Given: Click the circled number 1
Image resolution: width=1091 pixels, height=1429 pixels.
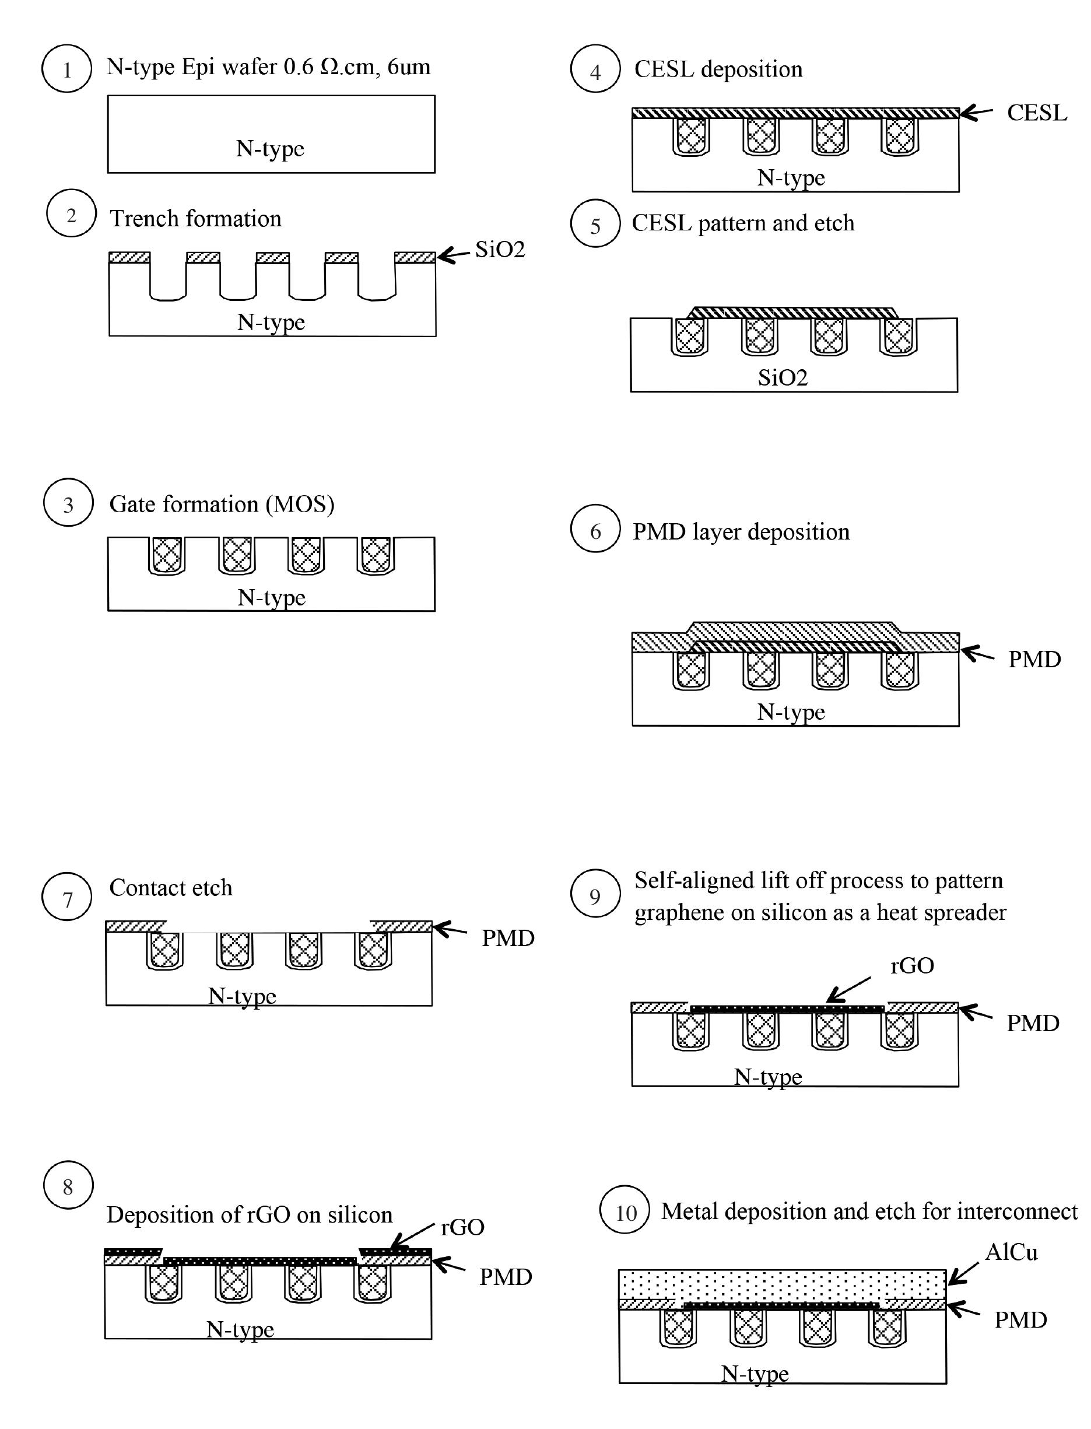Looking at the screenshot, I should (x=66, y=69).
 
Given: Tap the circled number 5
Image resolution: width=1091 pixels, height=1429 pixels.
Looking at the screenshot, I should (x=595, y=224).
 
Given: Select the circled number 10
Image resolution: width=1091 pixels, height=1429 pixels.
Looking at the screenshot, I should (x=624, y=1213).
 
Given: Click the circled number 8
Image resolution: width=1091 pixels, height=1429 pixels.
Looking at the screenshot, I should (x=68, y=1187).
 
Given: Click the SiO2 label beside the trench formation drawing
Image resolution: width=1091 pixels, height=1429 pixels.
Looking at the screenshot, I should (x=499, y=250).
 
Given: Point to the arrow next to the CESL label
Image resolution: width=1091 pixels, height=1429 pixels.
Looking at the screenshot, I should (x=976, y=113).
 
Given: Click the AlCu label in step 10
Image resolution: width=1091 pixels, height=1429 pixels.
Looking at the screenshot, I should (x=1011, y=1252).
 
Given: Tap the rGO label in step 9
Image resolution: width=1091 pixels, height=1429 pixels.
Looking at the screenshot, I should (x=912, y=966).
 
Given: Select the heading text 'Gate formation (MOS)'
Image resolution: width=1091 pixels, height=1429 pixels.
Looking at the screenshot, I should (x=222, y=504).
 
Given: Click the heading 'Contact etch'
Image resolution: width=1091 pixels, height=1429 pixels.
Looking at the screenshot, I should (x=171, y=887).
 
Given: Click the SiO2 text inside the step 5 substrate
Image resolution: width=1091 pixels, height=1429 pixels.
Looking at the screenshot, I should (x=782, y=377).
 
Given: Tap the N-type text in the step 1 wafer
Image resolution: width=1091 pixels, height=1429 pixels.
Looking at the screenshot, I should (x=269, y=149).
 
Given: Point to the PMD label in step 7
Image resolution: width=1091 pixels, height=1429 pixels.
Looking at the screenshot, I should (x=507, y=938).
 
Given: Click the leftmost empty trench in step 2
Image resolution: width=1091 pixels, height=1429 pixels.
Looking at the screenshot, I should (x=168, y=278).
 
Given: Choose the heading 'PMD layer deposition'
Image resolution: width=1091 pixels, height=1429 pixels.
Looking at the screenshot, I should (x=741, y=532).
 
